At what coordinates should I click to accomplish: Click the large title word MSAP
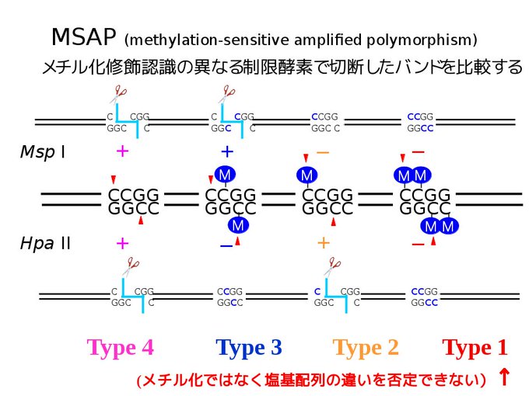pos(84,36)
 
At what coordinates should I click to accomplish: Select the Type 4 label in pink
pos(120,348)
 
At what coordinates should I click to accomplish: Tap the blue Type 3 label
pos(249,348)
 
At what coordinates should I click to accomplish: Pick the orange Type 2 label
pos(366,348)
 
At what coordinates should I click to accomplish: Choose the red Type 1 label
pos(475,348)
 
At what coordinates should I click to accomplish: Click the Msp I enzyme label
pos(43,152)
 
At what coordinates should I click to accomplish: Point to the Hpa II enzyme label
pos(45,243)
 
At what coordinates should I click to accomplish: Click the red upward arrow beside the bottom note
pos(504,377)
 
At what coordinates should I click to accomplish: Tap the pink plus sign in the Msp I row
pos(122,151)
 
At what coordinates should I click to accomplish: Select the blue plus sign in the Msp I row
pos(227,151)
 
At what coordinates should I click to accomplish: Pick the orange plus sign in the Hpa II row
pos(324,243)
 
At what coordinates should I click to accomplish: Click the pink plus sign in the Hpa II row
pos(122,243)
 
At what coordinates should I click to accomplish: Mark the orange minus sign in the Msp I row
pos(323,153)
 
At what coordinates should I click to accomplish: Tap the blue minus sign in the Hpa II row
pos(226,246)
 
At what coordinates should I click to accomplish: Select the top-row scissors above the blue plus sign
pos(226,95)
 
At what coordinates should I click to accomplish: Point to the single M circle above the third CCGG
pos(307,175)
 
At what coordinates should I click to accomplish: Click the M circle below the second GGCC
pos(238,225)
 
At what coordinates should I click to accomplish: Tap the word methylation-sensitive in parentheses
pos(209,40)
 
